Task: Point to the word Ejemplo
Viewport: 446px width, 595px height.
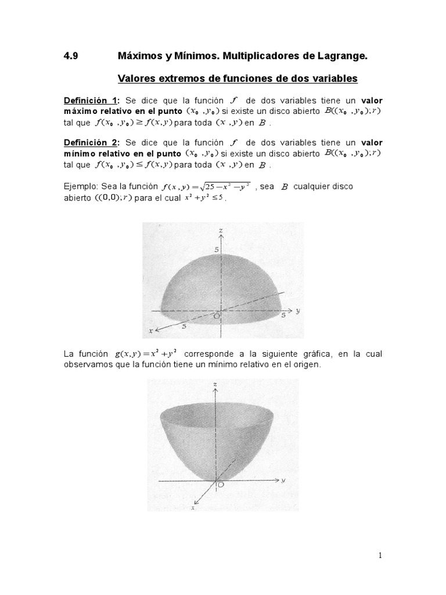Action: [x=80, y=187]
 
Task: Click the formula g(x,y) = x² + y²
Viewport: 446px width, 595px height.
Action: [x=145, y=354]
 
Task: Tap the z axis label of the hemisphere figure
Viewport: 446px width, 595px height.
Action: [x=221, y=231]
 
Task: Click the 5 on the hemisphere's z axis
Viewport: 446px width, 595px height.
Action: [x=215, y=249]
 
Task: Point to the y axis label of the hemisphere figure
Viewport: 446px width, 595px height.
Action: [x=297, y=311]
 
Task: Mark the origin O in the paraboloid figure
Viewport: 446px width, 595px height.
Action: [x=220, y=483]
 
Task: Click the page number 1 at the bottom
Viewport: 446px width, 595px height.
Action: [x=380, y=555]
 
